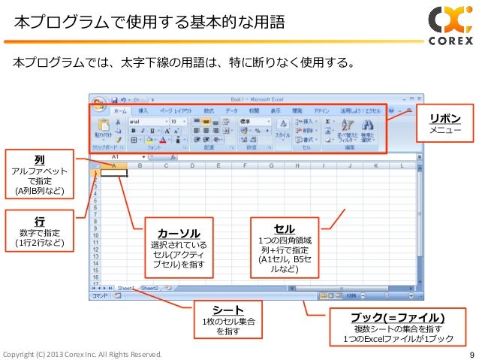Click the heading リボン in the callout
(x=444, y=119)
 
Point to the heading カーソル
(x=178, y=233)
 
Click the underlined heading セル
(x=285, y=228)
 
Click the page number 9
(x=471, y=354)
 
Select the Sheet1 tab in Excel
(x=125, y=287)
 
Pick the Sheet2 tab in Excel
(x=149, y=287)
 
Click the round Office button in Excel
(x=98, y=101)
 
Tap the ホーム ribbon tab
(x=120, y=110)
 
